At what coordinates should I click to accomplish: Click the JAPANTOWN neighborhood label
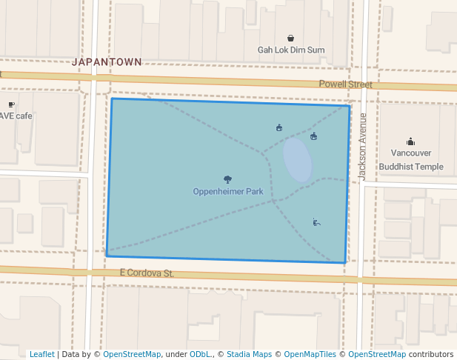[107, 62]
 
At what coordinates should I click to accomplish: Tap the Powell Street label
[345, 84]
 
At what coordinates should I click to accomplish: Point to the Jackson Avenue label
[363, 147]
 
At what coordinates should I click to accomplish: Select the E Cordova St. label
[147, 273]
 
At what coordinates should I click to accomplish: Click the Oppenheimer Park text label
[228, 191]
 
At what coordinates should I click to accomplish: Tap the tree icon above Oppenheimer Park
[227, 179]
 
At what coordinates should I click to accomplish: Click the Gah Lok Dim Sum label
[291, 50]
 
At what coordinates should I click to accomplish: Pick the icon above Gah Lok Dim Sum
[290, 39]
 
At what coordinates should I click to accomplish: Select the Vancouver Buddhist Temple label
[411, 159]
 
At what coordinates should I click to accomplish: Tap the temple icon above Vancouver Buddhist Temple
[411, 141]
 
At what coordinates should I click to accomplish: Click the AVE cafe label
[15, 116]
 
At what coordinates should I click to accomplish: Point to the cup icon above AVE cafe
[11, 104]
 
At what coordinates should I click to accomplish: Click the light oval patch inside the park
[298, 159]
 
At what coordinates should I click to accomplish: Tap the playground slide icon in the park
[316, 221]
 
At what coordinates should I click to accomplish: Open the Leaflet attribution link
[42, 354]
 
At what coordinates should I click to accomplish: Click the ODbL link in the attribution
[199, 354]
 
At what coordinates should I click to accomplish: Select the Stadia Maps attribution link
[249, 354]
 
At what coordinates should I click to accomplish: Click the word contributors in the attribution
[430, 354]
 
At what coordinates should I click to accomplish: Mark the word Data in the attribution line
[71, 354]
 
